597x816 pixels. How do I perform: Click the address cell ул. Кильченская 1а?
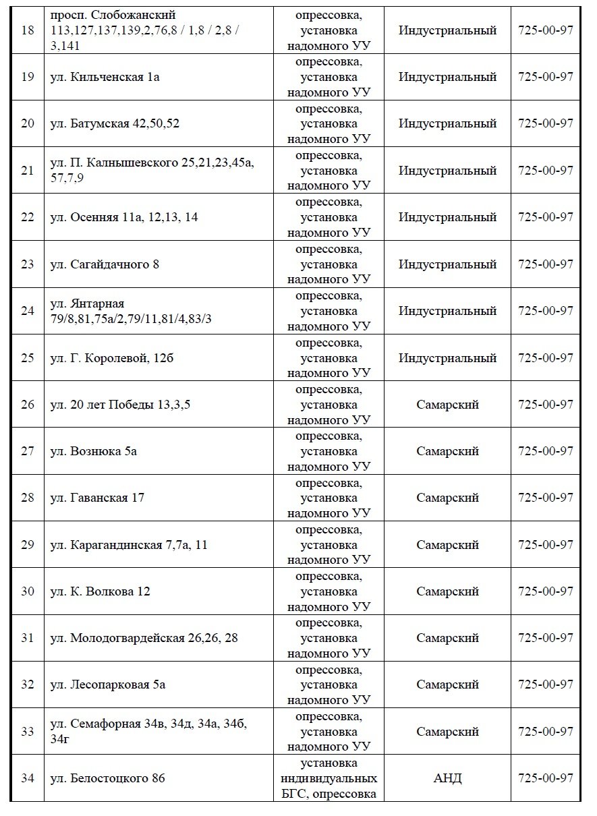click(105, 77)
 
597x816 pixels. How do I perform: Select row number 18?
click(28, 30)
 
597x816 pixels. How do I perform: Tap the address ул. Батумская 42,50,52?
click(115, 123)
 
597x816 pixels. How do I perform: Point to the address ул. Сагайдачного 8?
click(105, 264)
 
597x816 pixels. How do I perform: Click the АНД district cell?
click(447, 778)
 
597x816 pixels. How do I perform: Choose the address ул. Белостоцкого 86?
click(108, 778)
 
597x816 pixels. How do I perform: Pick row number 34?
click(28, 778)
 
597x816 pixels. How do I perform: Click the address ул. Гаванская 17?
click(98, 498)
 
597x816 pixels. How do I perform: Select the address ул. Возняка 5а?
click(94, 451)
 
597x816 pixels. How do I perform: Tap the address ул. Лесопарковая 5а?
click(108, 684)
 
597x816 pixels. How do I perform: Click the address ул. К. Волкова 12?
click(101, 591)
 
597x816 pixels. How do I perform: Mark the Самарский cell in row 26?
click(447, 405)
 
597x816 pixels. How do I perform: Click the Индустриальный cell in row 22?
click(447, 217)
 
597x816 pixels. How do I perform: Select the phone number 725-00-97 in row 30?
click(545, 591)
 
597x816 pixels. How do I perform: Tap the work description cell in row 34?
click(329, 778)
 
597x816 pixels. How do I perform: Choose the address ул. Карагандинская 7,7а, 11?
click(129, 545)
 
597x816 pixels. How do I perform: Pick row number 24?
click(28, 311)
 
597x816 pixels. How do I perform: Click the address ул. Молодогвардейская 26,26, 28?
click(144, 638)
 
